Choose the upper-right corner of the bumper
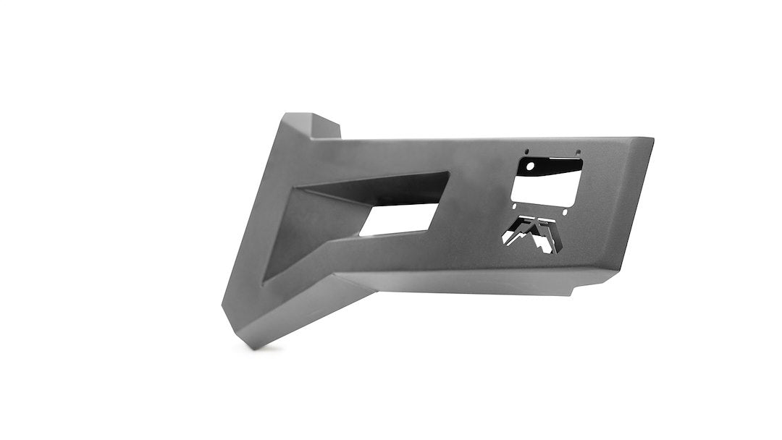[651, 140]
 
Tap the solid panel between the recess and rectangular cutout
[478, 195]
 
